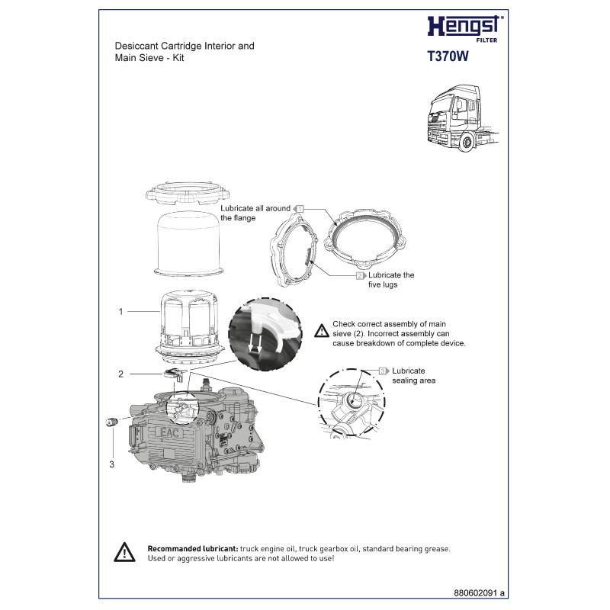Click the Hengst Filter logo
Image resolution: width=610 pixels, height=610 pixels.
465,29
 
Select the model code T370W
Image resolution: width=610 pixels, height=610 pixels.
448,56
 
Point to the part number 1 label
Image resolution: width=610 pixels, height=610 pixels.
120,312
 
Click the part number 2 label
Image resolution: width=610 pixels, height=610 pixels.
120,374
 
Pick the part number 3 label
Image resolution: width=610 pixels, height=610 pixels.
111,464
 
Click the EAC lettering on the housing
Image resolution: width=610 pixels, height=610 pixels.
170,432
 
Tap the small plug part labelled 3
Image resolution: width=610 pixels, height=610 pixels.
111,422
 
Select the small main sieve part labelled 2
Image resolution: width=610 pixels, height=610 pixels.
175,374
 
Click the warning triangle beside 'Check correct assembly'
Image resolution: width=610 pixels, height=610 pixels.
322,331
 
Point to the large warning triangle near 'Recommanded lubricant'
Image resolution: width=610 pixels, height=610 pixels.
124,552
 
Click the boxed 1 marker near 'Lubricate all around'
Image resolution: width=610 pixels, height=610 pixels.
298,209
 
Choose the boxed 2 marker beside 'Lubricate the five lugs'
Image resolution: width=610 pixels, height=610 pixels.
361,275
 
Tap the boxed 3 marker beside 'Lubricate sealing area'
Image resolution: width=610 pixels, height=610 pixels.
384,371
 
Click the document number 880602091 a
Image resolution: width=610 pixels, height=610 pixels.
479,593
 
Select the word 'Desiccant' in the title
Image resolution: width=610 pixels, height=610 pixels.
136,46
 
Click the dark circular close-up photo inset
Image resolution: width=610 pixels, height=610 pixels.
265,335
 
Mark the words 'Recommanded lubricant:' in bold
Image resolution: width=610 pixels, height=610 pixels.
193,549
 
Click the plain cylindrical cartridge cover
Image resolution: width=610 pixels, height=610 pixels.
189,244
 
